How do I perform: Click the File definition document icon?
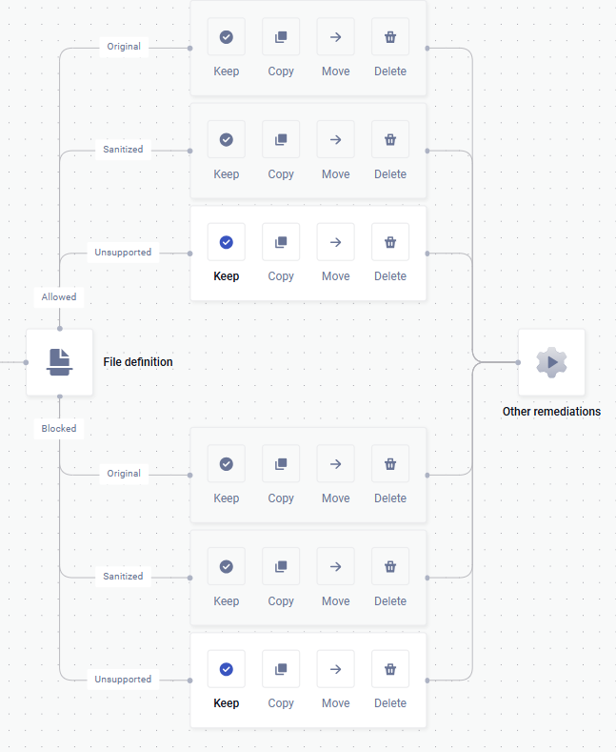[59, 362]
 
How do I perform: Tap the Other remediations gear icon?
[551, 362]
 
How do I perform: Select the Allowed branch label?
[59, 296]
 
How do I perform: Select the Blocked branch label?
[59, 428]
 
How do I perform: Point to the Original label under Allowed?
[124, 47]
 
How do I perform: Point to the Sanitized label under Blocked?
[123, 576]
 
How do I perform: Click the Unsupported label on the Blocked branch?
[123, 680]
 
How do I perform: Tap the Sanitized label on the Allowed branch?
[123, 149]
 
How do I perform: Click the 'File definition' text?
[138, 362]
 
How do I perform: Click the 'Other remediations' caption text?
[551, 412]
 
